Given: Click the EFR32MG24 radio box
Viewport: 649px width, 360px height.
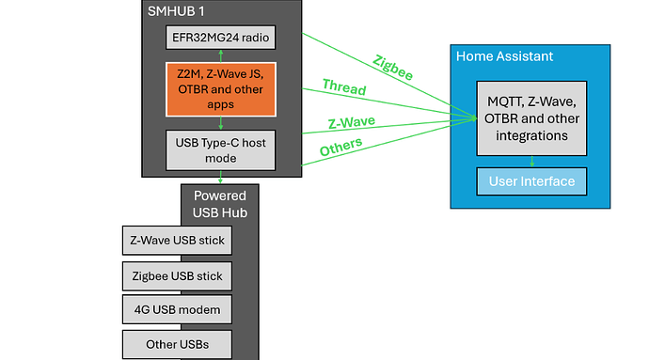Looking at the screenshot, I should tap(221, 38).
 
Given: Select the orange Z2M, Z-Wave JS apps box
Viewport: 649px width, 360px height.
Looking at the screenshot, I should tap(221, 89).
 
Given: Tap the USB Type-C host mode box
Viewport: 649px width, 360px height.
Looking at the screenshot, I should tap(221, 149).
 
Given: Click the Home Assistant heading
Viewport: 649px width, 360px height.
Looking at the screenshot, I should tap(504, 56).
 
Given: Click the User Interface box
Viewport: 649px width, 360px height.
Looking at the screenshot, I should tap(532, 180).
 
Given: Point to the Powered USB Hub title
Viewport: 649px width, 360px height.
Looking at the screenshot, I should tap(220, 204).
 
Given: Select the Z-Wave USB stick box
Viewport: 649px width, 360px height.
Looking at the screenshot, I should tap(177, 242).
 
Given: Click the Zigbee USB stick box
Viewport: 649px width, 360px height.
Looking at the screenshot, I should tap(177, 275).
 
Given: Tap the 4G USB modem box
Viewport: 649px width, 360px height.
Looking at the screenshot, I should tap(177, 309).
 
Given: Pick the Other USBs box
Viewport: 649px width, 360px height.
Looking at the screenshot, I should tap(177, 343).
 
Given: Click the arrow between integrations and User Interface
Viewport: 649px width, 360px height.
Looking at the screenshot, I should tap(532, 162).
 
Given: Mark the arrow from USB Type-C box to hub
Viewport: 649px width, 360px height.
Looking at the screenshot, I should tap(221, 178).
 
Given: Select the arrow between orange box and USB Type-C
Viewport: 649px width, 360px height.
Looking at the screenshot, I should tap(221, 122).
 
